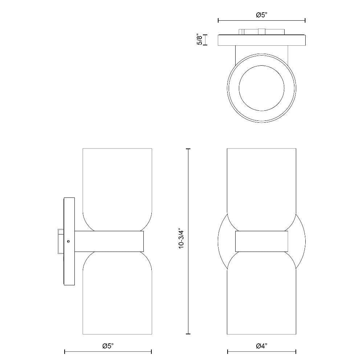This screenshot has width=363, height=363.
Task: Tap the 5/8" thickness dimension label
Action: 199,40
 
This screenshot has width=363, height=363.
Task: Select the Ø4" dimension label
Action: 262,346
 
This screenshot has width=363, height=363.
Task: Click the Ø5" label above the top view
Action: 262,15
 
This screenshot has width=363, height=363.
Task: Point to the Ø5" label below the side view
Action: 108,346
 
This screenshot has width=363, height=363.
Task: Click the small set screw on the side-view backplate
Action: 68,241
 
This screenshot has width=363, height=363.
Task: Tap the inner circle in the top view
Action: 262,66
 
